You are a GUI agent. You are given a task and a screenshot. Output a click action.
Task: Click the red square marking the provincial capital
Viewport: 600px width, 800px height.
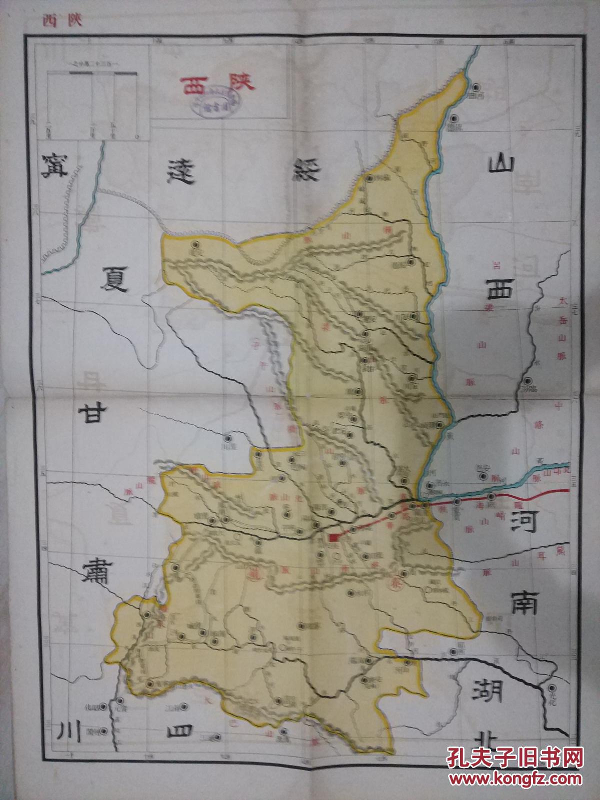click(334, 538)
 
